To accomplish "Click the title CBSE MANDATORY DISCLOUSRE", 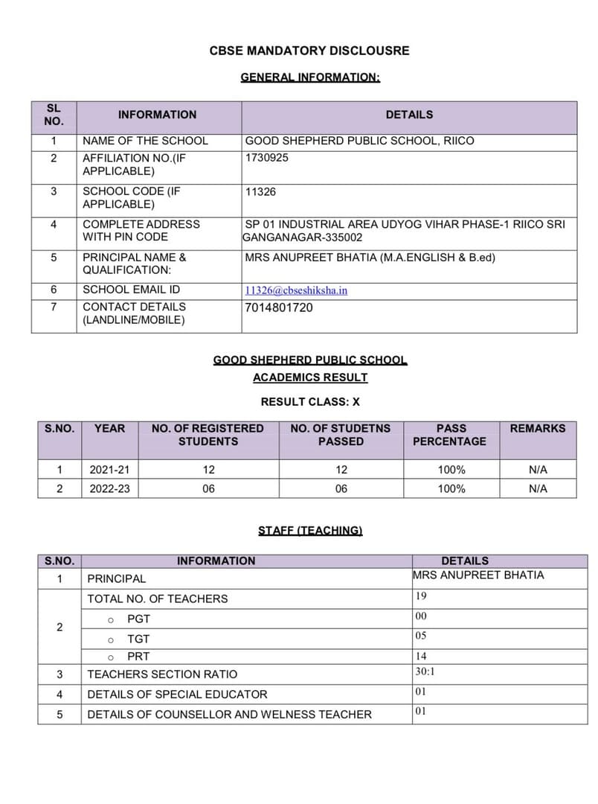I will pyautogui.click(x=309, y=51).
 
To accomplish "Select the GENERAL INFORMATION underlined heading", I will pyautogui.click(x=309, y=77).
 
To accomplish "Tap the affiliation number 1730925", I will pyautogui.click(x=267, y=158).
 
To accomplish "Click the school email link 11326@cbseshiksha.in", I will pyautogui.click(x=296, y=290).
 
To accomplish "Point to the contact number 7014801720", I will pyautogui.click(x=279, y=307).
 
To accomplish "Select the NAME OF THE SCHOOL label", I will pyautogui.click(x=145, y=141).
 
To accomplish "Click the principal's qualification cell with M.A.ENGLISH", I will pyautogui.click(x=370, y=258).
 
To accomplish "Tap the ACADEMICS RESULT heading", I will pyautogui.click(x=309, y=377).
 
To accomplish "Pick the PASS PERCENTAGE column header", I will pyautogui.click(x=451, y=435).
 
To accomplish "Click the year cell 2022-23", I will pyautogui.click(x=110, y=489).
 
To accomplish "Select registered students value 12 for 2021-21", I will pyautogui.click(x=208, y=470).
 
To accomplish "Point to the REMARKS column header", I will pyautogui.click(x=537, y=429).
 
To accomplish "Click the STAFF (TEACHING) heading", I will pyautogui.click(x=309, y=531).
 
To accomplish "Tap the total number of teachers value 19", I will pyautogui.click(x=421, y=596).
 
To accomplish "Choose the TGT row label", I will pyautogui.click(x=138, y=639).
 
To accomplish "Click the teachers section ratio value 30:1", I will pyautogui.click(x=425, y=671).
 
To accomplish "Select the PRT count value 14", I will pyautogui.click(x=421, y=657).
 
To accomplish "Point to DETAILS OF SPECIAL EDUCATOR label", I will pyautogui.click(x=177, y=694).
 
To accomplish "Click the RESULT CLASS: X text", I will pyautogui.click(x=309, y=401).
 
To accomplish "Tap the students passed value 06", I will pyautogui.click(x=341, y=489).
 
